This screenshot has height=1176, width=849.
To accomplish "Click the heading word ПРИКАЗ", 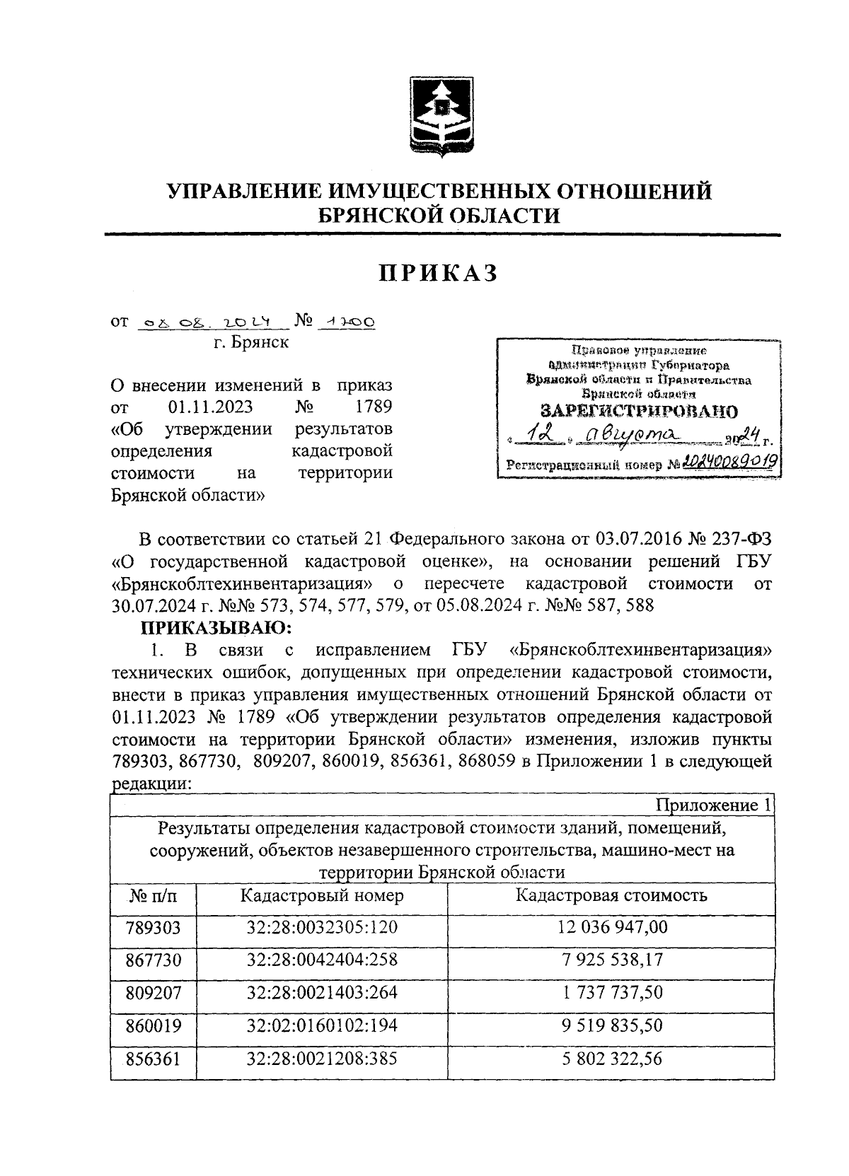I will [x=438, y=272].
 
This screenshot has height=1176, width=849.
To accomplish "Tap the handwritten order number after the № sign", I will [x=347, y=322].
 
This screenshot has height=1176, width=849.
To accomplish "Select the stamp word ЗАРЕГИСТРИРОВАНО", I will [x=638, y=412].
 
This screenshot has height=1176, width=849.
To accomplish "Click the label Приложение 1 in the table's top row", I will [x=714, y=805].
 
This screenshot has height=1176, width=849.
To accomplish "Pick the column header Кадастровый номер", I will [x=322, y=895].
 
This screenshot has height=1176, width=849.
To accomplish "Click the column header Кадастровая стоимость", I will [x=611, y=895].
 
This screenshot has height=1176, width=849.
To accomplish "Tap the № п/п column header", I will [x=153, y=897].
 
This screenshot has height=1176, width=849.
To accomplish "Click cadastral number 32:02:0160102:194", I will [x=322, y=1025].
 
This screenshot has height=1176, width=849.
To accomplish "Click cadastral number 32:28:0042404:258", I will [x=322, y=960].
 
